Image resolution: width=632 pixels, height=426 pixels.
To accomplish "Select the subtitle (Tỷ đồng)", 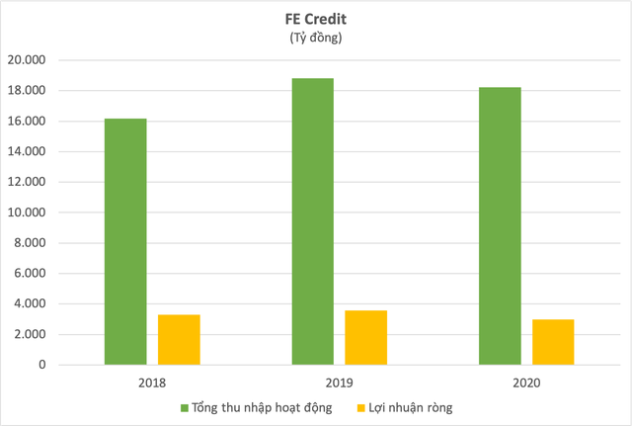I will pos(316,38).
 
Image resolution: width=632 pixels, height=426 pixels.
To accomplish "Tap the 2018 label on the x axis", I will pos(153,381).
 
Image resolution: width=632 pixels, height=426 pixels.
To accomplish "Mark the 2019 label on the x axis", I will pos(340,381).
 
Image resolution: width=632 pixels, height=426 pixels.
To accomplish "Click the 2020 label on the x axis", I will pos(526,381).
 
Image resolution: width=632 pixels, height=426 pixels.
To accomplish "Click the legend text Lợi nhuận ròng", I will pos(421,406).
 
